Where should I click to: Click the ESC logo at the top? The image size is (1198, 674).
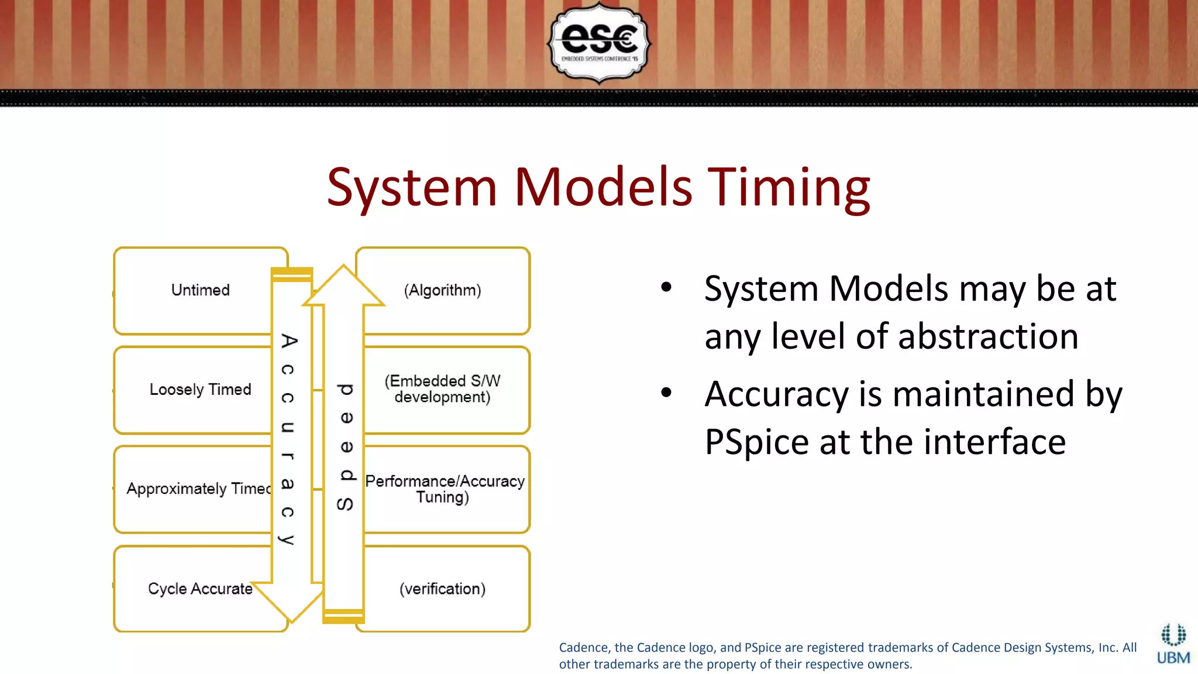pos(598,42)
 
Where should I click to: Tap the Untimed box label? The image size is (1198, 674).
pos(200,290)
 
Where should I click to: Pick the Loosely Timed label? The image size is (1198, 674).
pos(200,390)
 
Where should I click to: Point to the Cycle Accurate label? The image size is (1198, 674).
pos(200,589)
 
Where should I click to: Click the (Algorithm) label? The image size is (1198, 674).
pos(442,290)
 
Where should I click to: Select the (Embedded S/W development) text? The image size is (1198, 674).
pos(442,389)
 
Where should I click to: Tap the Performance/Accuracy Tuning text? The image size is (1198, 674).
pos(445,489)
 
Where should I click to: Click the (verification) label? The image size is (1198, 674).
pos(442,589)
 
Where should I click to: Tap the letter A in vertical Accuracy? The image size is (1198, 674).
pos(288,341)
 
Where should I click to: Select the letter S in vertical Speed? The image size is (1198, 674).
pos(345,504)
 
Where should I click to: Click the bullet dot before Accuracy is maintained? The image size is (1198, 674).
pos(666,393)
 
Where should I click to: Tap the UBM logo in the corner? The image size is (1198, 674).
pos(1173,644)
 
